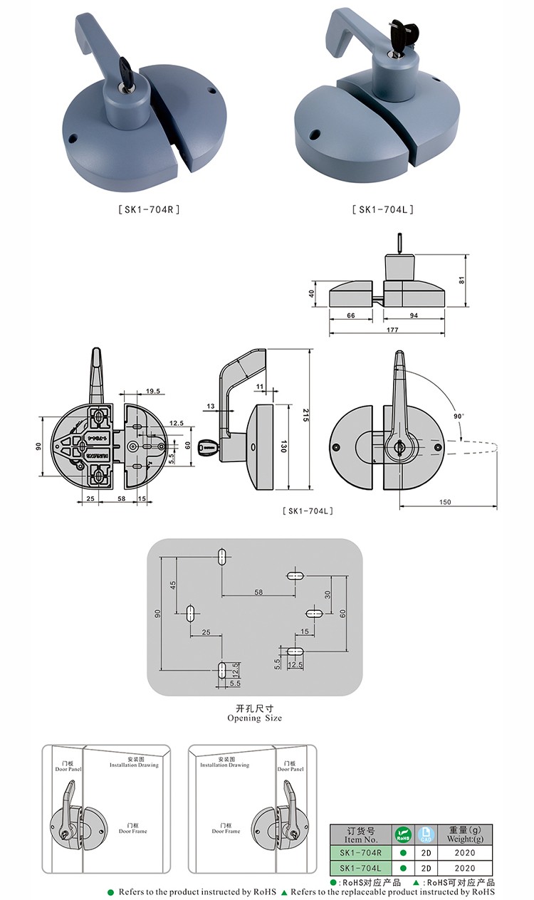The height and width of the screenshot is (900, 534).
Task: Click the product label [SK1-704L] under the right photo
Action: (382, 209)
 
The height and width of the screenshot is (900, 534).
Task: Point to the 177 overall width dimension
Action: (392, 330)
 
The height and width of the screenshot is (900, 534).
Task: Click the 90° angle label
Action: (457, 416)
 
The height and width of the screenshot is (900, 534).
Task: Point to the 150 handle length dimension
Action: (445, 502)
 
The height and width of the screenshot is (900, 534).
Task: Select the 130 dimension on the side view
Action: (283, 446)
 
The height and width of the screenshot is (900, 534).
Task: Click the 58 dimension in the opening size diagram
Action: (258, 592)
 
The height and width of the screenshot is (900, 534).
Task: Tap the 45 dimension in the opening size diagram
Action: (172, 585)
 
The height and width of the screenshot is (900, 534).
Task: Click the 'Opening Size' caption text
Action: (254, 718)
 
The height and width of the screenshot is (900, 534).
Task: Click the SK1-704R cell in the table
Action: (361, 852)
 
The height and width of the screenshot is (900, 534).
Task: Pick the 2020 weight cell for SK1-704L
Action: (464, 868)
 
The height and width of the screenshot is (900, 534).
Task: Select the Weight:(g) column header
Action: (464, 834)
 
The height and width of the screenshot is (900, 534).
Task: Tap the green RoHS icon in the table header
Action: (403, 834)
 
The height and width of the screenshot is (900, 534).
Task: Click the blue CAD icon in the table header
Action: (425, 834)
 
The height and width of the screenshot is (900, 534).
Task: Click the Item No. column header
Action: (361, 834)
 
